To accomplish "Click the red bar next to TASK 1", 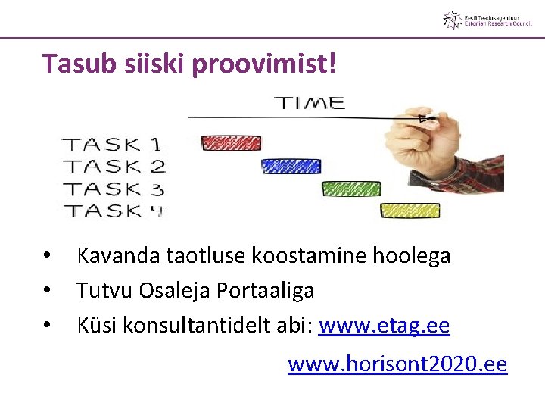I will click(231, 142).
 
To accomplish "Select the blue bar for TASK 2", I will click(291, 166).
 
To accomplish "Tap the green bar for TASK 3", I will click(351, 189).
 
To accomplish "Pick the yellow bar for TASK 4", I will click(410, 211).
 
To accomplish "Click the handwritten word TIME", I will click(309, 103).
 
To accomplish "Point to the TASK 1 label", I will click(112, 143).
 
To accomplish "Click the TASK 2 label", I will click(114, 166).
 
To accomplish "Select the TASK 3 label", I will click(114, 189).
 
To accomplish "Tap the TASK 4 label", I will click(114, 211).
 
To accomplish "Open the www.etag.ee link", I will click(385, 326).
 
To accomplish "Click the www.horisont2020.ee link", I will click(397, 364).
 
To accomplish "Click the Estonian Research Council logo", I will click(487, 20).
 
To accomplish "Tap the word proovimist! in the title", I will click(263, 64).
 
